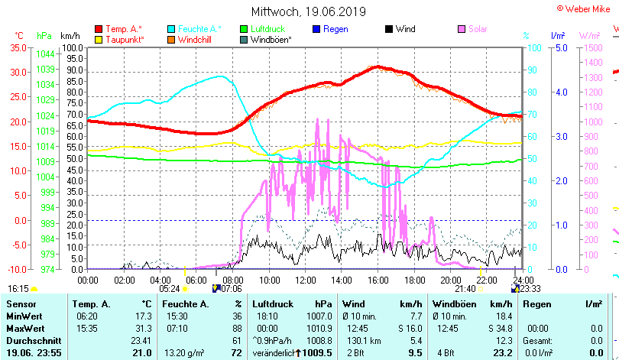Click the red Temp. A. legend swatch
99,29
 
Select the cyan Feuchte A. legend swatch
171,29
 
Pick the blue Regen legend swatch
317,29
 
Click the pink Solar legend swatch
462,29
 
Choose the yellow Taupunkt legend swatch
99,39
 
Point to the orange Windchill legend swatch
171,39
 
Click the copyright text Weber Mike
589,8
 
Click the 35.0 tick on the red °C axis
16,47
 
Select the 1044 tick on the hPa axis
44,54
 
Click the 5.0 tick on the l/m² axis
558,47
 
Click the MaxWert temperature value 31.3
144,328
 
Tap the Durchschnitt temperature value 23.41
141,340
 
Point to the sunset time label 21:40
465,288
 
